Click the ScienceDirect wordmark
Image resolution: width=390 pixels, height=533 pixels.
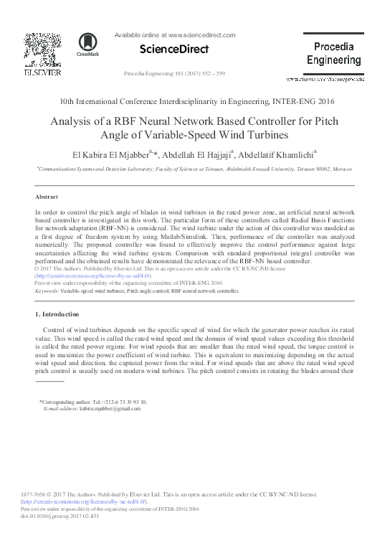pyautogui.click(x=175, y=49)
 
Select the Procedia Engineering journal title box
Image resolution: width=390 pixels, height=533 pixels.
pyautogui.click(x=333, y=53)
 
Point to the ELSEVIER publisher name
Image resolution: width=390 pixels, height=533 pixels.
pyautogui.click(x=42, y=72)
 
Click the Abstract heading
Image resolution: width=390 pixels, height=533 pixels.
pyautogui.click(x=47, y=197)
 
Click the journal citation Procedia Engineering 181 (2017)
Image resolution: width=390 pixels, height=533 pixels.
pyautogui.click(x=174, y=74)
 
